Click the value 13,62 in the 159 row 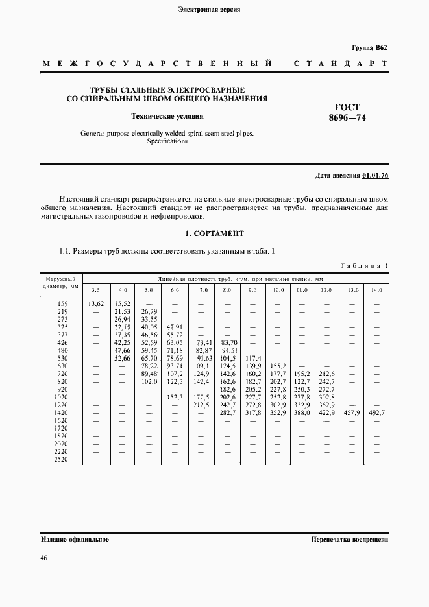(x=95, y=303)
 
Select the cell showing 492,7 (x=376, y=412)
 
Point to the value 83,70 (x=227, y=342)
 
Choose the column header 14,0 (x=376, y=289)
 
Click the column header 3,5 (x=95, y=289)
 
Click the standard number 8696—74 (x=347, y=119)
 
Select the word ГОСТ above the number (x=347, y=107)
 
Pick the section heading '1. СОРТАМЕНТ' (x=214, y=233)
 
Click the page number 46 (x=44, y=558)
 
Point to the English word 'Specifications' (x=167, y=141)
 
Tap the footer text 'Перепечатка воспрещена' (x=350, y=540)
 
